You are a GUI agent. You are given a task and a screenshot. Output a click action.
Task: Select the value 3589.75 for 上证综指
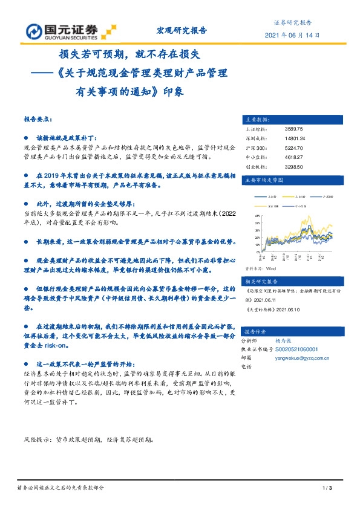pos(293,129)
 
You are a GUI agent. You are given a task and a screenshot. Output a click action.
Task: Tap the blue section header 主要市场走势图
pos(263,180)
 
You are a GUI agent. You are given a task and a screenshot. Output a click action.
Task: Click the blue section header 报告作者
pos(255,332)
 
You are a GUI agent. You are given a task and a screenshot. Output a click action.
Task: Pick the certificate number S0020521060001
pos(305,349)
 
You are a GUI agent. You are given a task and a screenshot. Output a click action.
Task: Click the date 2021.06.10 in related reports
pos(288,308)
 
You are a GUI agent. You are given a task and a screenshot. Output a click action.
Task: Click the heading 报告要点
pos(38,120)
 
